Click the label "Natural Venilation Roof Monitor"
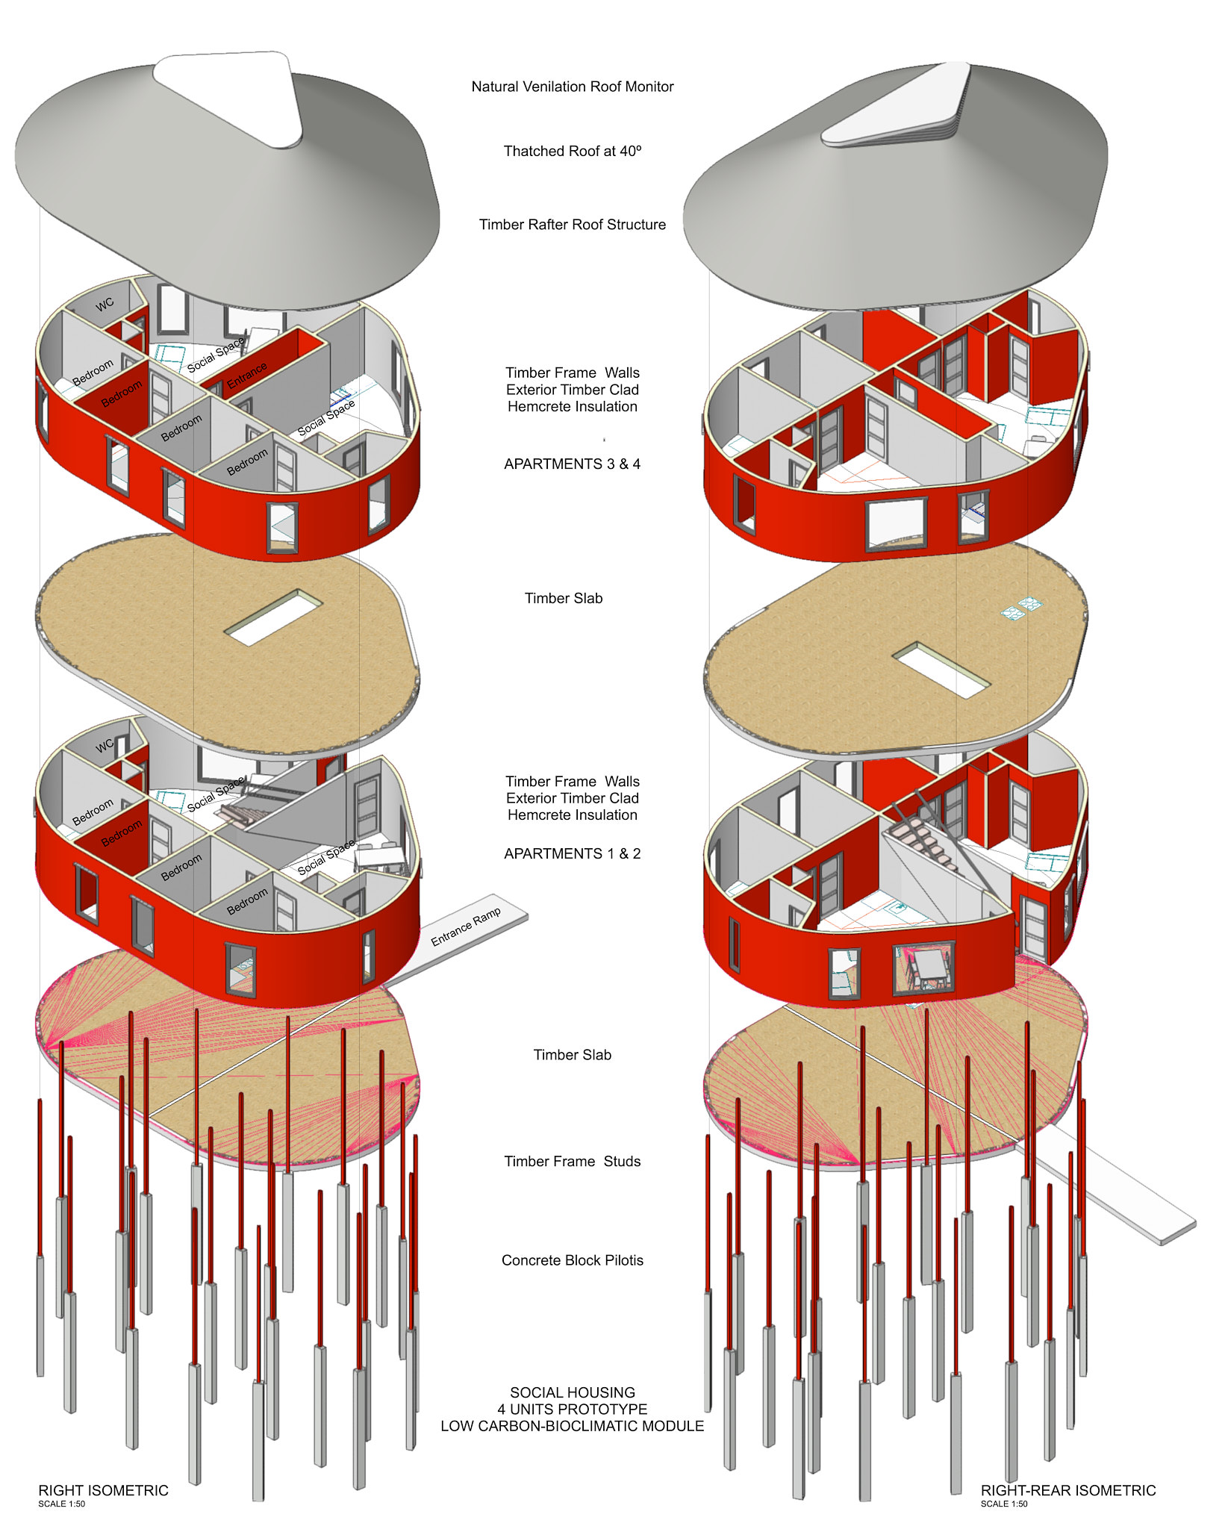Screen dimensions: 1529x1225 [572, 87]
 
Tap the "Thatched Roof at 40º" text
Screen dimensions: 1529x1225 [572, 151]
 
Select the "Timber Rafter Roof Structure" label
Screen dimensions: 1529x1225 [572, 225]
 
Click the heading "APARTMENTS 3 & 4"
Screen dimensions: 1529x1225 [572, 464]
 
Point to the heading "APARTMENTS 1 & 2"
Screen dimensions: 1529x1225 [572, 853]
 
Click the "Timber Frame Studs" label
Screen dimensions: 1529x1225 [572, 1161]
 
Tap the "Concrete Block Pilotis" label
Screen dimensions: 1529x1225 [572, 1260]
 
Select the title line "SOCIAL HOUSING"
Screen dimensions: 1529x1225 [572, 1392]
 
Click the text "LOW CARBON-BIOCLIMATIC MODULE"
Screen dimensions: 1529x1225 [572, 1426]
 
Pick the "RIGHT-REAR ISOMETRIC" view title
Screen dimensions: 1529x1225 [1067, 1490]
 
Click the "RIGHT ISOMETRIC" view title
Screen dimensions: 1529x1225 [103, 1490]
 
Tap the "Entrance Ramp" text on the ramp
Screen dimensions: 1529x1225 [466, 927]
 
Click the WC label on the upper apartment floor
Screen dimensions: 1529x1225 [105, 303]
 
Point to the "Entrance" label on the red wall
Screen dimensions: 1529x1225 [246, 376]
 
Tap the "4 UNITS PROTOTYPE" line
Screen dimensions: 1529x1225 [572, 1409]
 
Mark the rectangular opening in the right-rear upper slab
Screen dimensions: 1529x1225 [941, 669]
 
